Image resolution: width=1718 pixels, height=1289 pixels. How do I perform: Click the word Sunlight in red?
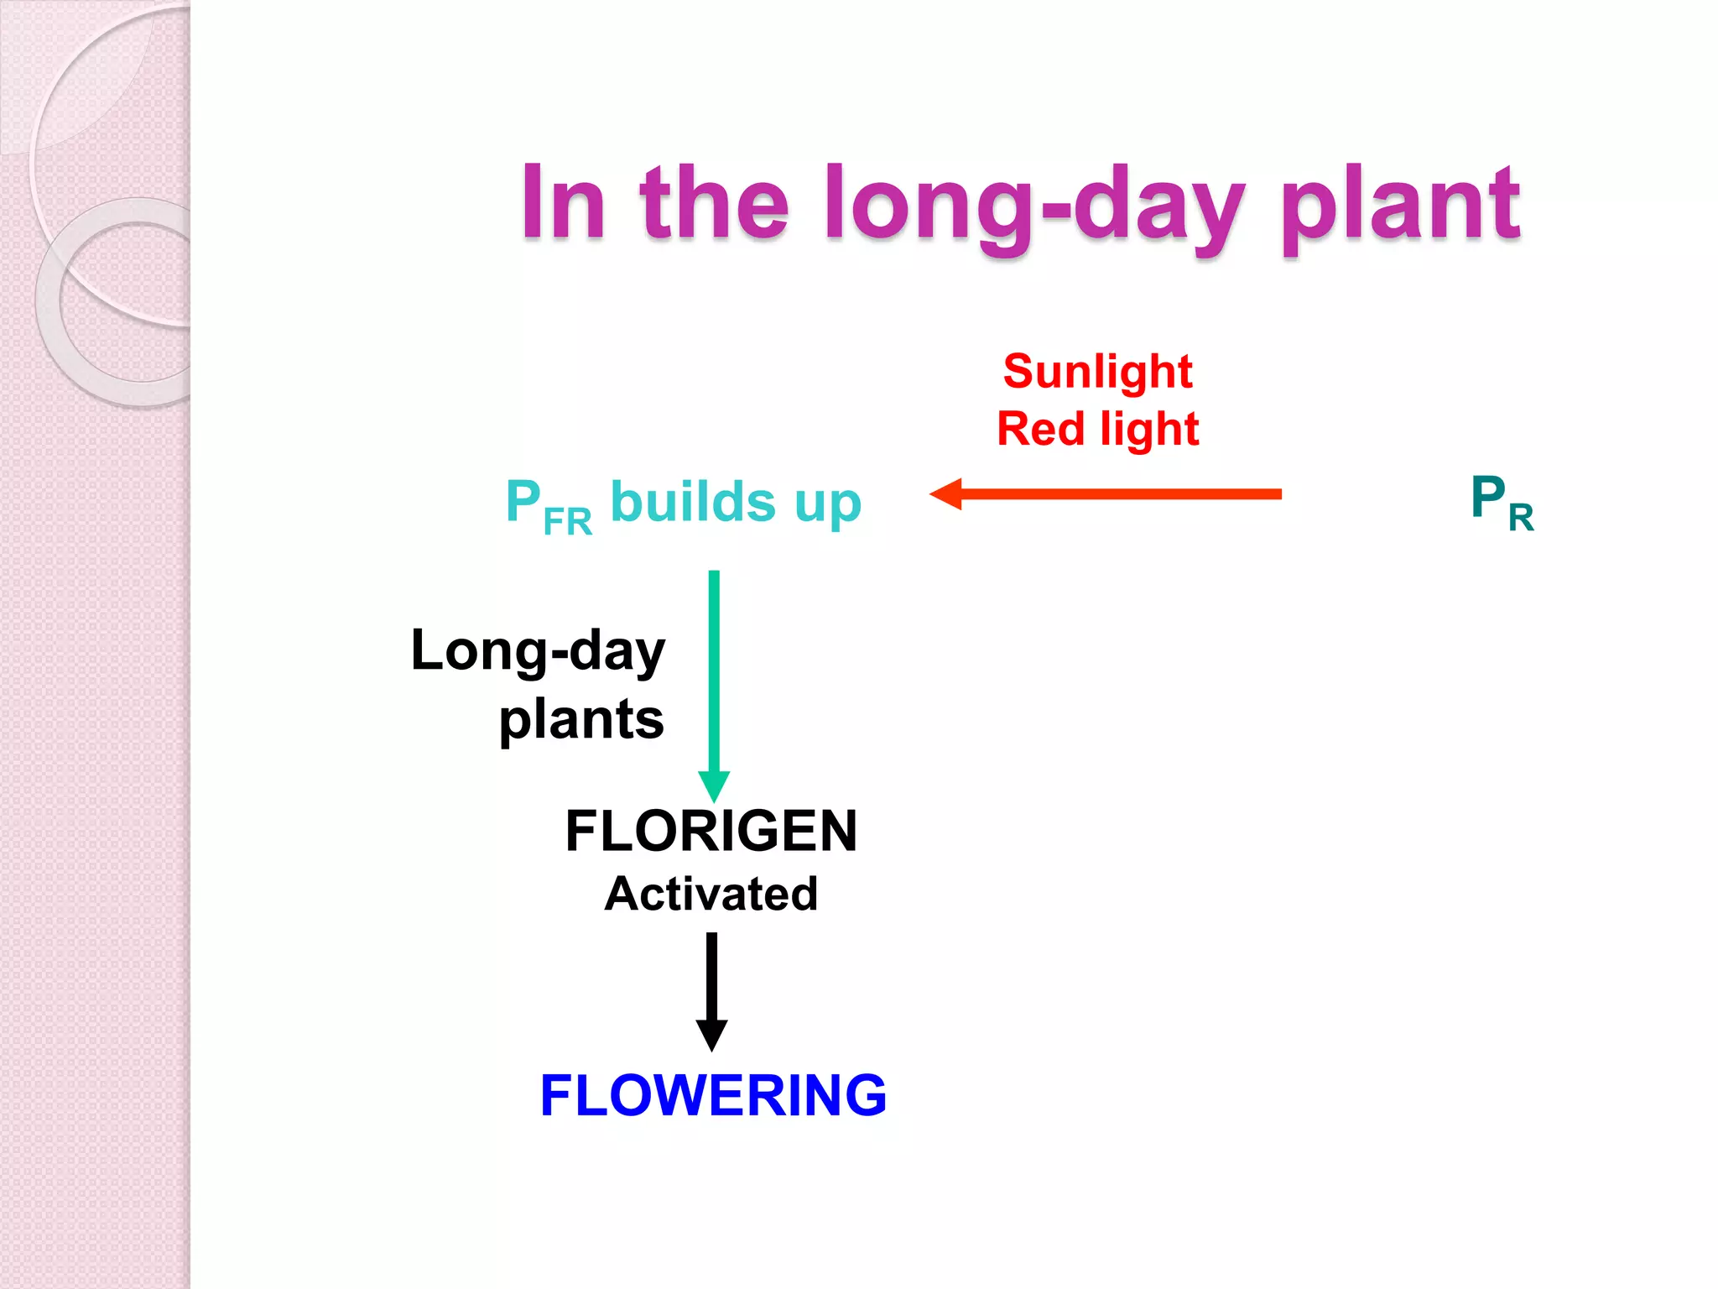pyautogui.click(x=1097, y=372)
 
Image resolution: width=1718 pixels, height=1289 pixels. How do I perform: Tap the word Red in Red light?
pyautogui.click(x=1040, y=429)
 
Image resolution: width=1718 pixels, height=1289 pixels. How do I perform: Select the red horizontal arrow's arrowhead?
pyautogui.click(x=946, y=493)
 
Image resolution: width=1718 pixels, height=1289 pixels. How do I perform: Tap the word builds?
pyautogui.click(x=693, y=502)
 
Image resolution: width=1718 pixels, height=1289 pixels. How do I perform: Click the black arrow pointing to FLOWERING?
pyautogui.click(x=711, y=990)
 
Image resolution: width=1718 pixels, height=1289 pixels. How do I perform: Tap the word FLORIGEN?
pyautogui.click(x=711, y=831)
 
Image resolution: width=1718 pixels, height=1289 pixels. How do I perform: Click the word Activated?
pyautogui.click(x=711, y=893)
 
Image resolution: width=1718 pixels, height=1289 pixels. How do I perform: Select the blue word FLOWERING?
pyautogui.click(x=713, y=1095)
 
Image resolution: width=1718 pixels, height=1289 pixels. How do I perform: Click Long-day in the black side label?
pyautogui.click(x=538, y=651)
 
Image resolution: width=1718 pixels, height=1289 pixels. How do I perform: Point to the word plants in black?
pyautogui.click(x=580, y=720)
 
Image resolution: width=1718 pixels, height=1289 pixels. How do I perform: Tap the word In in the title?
pyautogui.click(x=561, y=202)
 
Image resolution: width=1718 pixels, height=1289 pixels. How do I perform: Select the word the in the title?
pyautogui.click(x=714, y=202)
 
